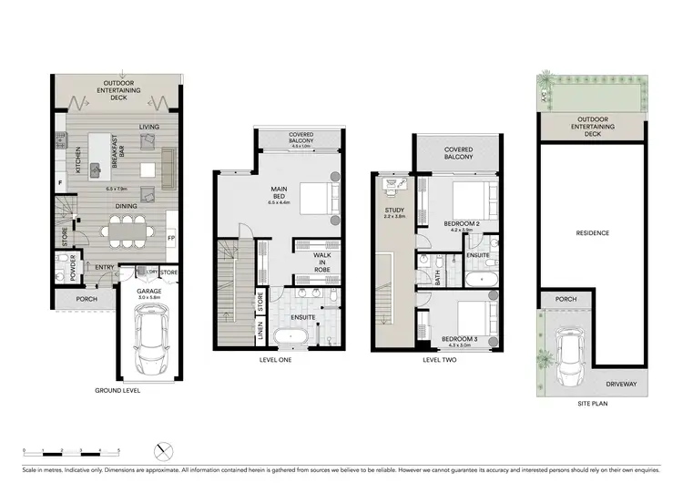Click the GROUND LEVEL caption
(118, 390)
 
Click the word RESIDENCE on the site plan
(592, 233)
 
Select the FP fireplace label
(171, 239)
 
